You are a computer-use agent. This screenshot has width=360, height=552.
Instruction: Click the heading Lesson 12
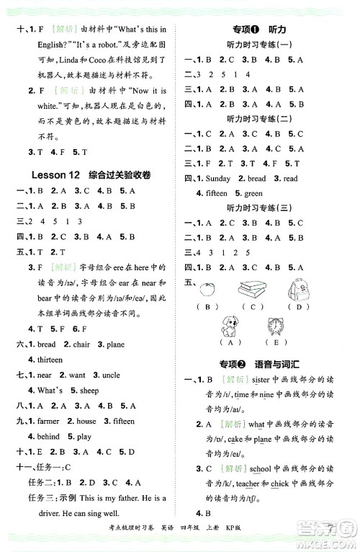pos(58,175)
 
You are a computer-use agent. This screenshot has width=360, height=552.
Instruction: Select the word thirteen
pos(47,359)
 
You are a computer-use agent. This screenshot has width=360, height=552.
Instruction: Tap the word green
pos(254,193)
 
